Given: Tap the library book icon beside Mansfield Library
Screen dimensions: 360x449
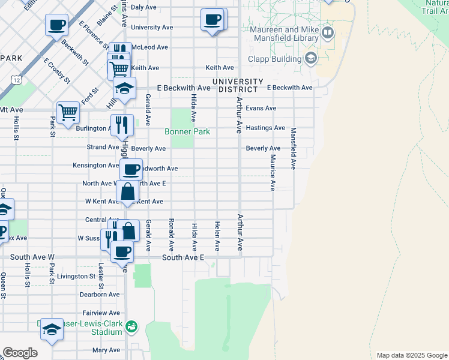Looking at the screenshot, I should coord(328,32).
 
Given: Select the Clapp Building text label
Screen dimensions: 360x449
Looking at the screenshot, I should coord(274,59).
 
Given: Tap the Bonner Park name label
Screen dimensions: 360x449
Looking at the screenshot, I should coord(188,131).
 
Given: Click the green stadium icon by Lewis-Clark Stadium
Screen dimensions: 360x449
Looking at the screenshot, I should coord(131,327).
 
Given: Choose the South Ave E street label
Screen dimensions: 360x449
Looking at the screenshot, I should coord(184,257).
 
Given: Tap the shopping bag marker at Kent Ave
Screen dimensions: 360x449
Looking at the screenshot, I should coord(127,192).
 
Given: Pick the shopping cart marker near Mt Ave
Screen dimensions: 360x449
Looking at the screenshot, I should coord(68,112).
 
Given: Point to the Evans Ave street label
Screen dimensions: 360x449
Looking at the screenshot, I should coord(261,109).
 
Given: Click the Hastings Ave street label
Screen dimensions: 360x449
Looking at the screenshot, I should coord(265,128).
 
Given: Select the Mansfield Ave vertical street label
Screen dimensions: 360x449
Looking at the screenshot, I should coord(294,148).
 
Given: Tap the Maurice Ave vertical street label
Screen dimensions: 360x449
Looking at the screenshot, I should coord(273,173).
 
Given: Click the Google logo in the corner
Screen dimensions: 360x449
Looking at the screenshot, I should coord(20,353).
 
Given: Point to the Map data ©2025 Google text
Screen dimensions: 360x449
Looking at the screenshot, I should coord(411,355).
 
